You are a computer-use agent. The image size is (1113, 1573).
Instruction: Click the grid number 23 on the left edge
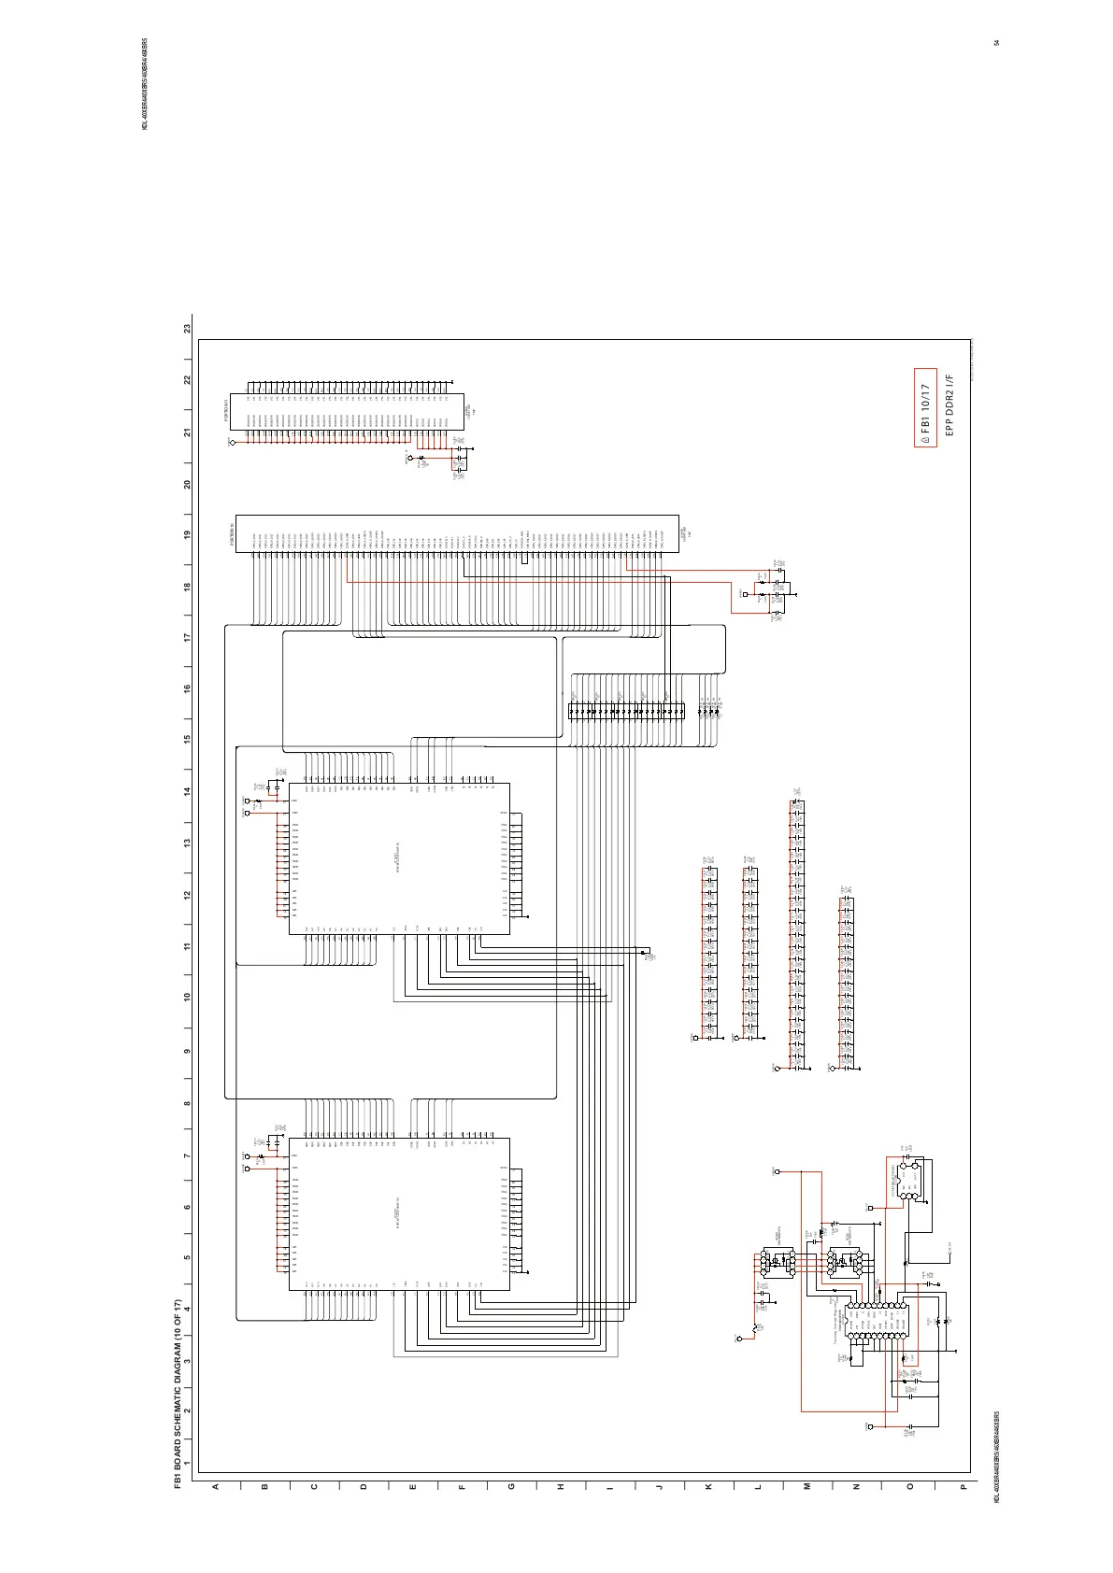(x=187, y=329)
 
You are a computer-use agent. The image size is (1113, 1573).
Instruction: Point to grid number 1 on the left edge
(x=187, y=1464)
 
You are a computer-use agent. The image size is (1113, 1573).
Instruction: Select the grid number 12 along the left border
(x=187, y=895)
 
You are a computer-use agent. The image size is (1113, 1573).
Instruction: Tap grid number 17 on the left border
(x=187, y=638)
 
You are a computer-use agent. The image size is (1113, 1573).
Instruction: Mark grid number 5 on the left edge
(x=187, y=1257)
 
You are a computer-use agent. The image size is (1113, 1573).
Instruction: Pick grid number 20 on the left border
(x=187, y=484)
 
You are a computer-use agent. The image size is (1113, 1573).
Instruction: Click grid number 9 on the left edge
(x=187, y=1051)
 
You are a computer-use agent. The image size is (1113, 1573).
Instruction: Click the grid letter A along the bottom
(x=215, y=1486)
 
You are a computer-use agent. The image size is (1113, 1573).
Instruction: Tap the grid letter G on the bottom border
(x=511, y=1486)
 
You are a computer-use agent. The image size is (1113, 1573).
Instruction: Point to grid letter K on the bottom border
(x=707, y=1486)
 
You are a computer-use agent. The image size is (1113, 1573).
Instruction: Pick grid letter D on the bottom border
(x=364, y=1486)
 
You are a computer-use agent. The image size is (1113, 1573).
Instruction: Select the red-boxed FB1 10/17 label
(x=925, y=409)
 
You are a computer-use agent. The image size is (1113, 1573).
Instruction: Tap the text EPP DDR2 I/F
(x=948, y=406)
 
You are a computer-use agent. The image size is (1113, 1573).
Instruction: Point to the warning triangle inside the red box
(x=925, y=437)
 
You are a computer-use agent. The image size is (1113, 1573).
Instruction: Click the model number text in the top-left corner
(x=145, y=85)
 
